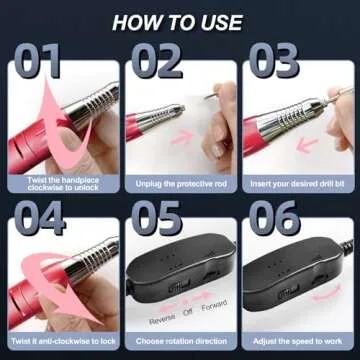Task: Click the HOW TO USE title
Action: point(180,21)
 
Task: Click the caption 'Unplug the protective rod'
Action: point(180,185)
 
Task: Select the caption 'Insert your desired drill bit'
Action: point(298,185)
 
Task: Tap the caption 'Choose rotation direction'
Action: point(180,339)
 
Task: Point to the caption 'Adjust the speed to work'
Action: point(298,339)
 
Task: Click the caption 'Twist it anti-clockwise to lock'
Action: point(62,339)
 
